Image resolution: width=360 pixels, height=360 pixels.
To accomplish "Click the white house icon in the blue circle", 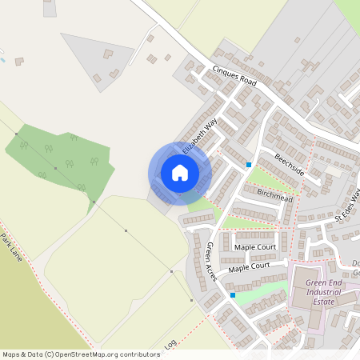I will (179, 173).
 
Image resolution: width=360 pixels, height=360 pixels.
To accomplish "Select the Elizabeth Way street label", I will (200, 137).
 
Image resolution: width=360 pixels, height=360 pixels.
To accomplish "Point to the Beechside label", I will (289, 164).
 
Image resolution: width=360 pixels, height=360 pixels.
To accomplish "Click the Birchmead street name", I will (275, 195).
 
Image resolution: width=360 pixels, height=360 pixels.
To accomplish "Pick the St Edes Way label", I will (348, 206).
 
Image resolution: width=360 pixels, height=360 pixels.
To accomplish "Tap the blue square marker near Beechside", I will (249, 164).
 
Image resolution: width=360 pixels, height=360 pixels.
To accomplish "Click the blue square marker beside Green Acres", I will (233, 295).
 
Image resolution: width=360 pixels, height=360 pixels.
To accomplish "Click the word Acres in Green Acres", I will (214, 269).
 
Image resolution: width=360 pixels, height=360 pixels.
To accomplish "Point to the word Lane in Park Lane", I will (16, 254).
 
